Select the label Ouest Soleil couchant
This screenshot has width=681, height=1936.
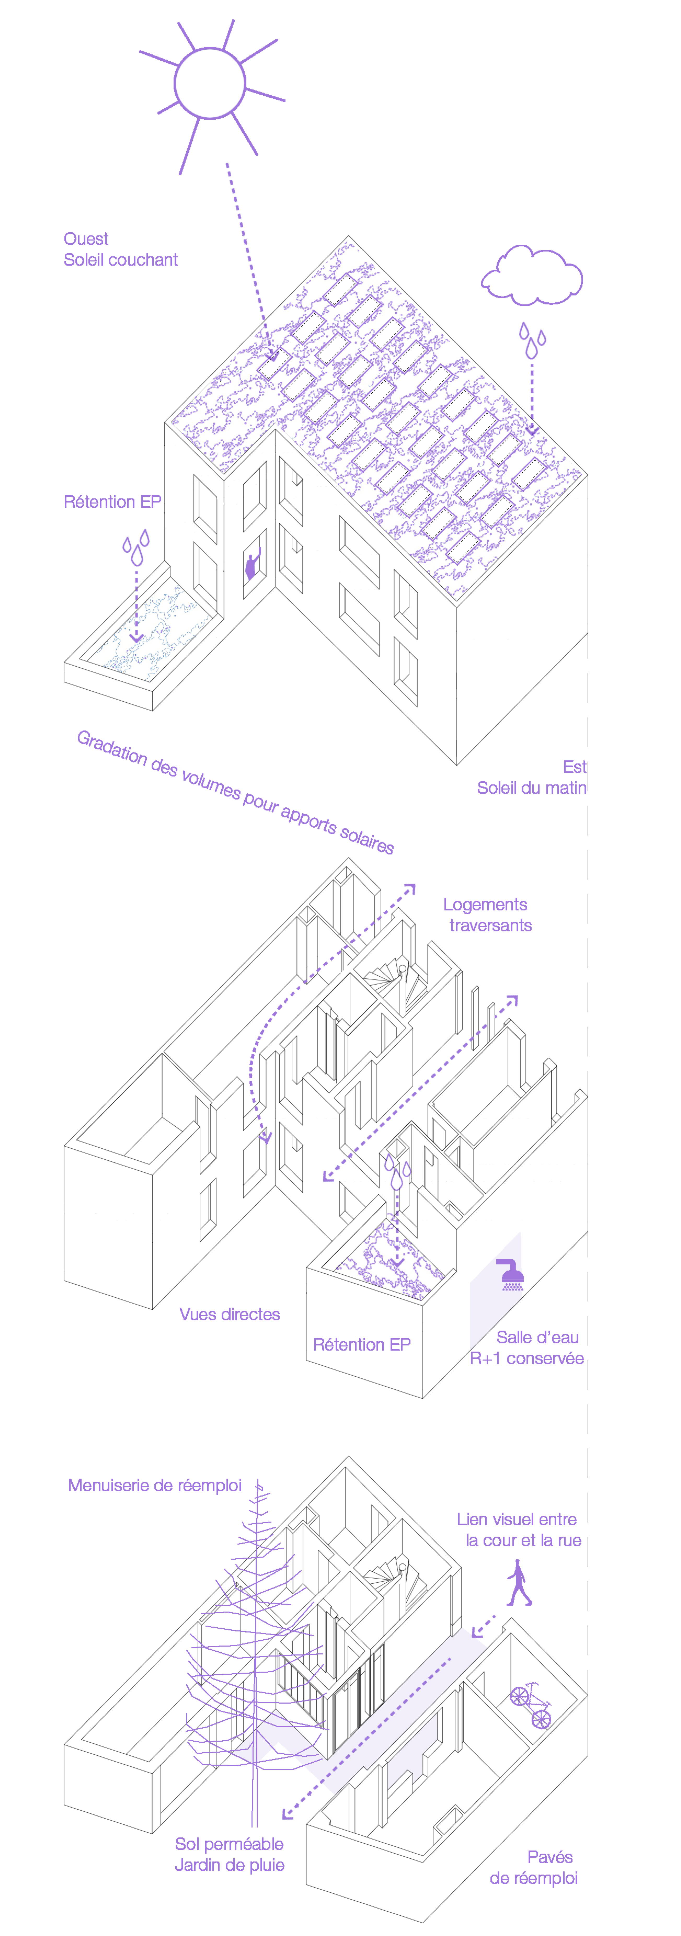point(120,249)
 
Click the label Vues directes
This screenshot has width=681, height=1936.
point(229,1314)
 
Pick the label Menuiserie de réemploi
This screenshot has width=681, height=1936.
point(155,1485)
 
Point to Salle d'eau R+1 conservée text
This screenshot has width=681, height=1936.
point(528,1348)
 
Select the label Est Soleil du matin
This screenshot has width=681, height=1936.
point(532,777)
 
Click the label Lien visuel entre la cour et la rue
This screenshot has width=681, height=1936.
point(519,1530)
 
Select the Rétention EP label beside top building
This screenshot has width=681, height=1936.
point(112,502)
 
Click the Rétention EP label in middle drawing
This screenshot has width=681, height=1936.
point(362,1344)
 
